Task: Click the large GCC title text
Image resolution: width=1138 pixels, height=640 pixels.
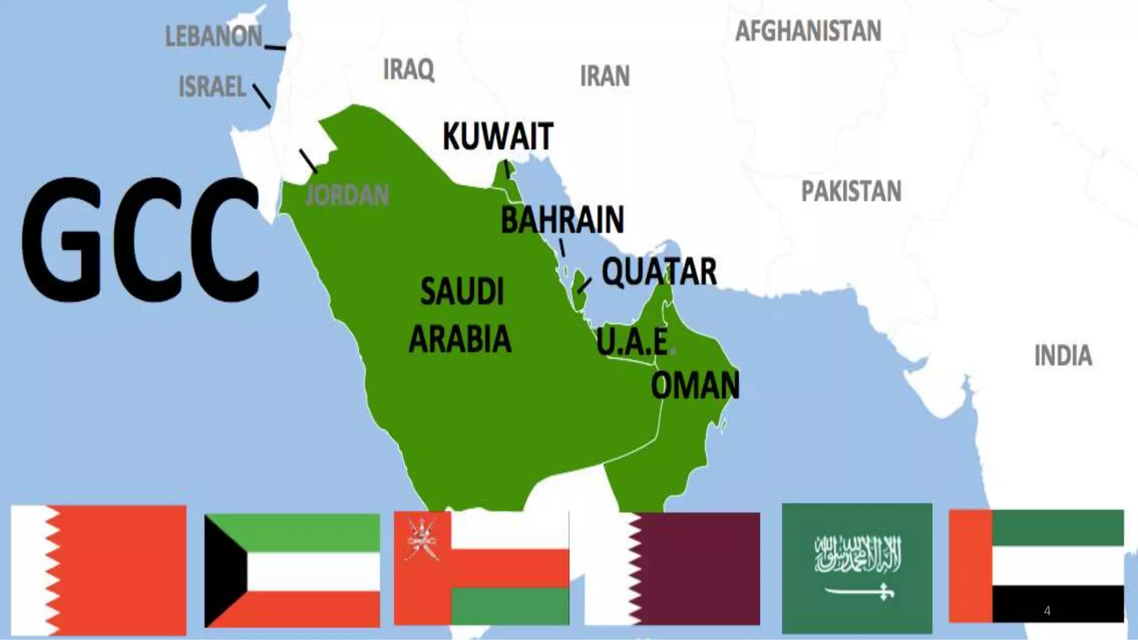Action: (x=140, y=240)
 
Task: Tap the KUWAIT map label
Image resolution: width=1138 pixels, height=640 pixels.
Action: (x=498, y=136)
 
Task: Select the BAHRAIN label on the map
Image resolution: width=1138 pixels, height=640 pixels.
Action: (x=562, y=219)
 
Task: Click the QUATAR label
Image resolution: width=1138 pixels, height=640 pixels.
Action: (x=659, y=272)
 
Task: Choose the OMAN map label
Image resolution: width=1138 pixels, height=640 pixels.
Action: (x=695, y=385)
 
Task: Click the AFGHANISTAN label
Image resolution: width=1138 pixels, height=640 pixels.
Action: (x=808, y=31)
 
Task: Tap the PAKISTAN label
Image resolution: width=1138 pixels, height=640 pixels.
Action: (x=851, y=192)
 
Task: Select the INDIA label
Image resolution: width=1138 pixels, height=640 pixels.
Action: (x=1062, y=356)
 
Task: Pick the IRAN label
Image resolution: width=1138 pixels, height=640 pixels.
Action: (x=605, y=76)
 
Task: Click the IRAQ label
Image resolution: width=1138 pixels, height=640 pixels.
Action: (x=408, y=69)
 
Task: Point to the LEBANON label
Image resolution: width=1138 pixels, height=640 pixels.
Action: (x=214, y=37)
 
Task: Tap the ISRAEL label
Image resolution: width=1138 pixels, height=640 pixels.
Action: (x=212, y=87)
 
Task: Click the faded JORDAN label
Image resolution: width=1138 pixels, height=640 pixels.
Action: (x=347, y=195)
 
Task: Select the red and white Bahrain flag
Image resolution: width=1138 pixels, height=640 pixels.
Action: (x=98, y=570)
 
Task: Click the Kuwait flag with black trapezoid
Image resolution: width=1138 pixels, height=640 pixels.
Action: (x=292, y=571)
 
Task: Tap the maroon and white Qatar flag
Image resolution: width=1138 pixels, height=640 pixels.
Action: (x=672, y=568)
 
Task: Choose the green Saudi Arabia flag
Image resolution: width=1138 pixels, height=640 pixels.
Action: (x=857, y=568)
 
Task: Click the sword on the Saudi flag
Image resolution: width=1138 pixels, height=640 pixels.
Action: (x=859, y=593)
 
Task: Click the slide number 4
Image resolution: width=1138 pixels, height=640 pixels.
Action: (x=1047, y=611)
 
